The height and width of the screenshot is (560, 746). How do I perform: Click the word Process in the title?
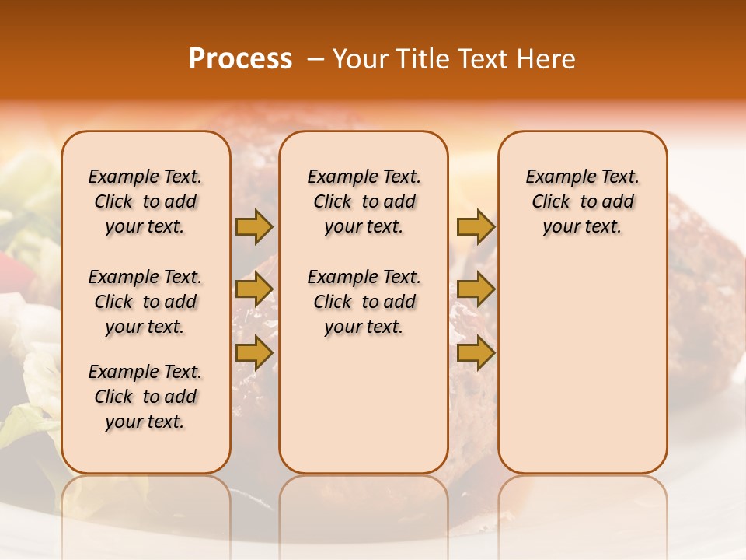[x=240, y=59]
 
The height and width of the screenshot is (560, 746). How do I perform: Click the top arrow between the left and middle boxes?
[x=254, y=226]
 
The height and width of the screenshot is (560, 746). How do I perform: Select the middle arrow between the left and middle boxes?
[x=254, y=290]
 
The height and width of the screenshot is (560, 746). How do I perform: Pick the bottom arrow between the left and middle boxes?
[x=254, y=354]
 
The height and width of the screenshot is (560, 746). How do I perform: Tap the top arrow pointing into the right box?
[x=476, y=226]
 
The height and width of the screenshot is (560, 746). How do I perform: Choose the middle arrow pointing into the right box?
[x=476, y=290]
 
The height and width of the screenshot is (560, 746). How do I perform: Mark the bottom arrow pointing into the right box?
[x=476, y=354]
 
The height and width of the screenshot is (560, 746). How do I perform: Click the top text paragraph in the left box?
[x=145, y=201]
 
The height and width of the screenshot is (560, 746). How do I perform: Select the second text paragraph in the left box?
[x=145, y=302]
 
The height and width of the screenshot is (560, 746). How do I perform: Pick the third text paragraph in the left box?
[x=145, y=397]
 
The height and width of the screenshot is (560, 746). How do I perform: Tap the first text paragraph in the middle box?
[x=364, y=201]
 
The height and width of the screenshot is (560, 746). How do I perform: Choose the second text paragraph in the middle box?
[x=364, y=302]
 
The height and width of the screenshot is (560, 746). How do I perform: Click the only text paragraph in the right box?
[x=583, y=201]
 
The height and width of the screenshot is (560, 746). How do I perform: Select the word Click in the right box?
[x=551, y=202]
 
